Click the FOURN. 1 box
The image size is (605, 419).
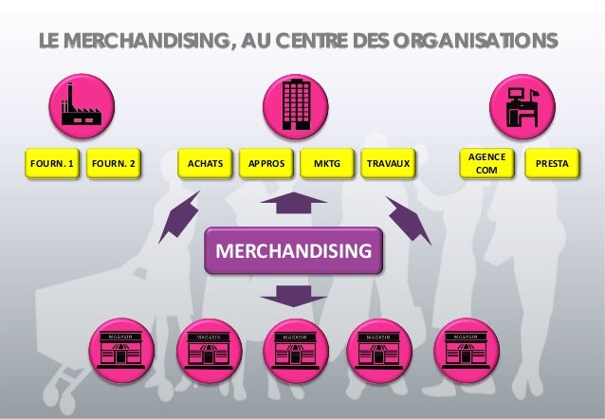[x=52, y=165]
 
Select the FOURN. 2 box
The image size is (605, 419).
[x=114, y=165]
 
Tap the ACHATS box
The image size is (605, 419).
[x=206, y=165]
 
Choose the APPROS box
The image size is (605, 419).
[x=266, y=165]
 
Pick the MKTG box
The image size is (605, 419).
[x=326, y=165]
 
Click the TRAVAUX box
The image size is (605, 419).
[x=389, y=165]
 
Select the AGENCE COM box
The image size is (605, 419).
[x=485, y=163]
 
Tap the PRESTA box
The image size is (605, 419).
[x=552, y=165]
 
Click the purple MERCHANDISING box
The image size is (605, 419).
[x=295, y=251]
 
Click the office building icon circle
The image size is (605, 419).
[x=294, y=104]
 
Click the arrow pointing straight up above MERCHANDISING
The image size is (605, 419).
[x=293, y=204]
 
